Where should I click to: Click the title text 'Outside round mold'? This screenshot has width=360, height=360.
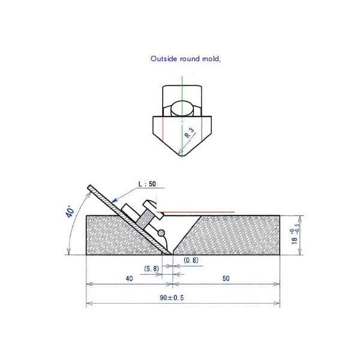tap(185, 59)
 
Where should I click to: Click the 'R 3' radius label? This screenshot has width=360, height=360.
tap(189, 133)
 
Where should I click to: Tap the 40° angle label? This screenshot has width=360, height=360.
tap(70, 212)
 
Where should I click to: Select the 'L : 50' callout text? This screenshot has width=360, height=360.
tap(147, 184)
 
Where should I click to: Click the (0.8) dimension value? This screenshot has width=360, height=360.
tap(191, 260)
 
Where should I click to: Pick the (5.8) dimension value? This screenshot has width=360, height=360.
tap(152, 268)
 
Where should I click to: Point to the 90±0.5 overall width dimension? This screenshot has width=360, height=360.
tap(172, 298)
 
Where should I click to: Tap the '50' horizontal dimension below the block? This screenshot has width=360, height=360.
tap(226, 278)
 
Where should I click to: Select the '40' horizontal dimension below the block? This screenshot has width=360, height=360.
tap(129, 278)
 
